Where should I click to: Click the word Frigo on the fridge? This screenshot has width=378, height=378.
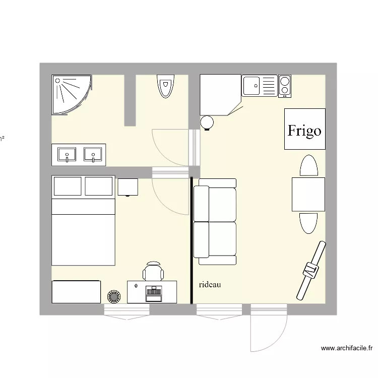304,131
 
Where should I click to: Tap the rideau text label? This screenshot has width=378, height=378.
210,285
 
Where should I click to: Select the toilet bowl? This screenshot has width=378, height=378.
165,87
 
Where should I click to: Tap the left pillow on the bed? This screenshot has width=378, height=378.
68,186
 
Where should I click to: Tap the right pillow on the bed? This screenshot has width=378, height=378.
99,186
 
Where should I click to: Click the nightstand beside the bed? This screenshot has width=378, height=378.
128,186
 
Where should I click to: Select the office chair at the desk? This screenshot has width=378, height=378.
153,271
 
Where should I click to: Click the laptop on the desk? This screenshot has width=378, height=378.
153,292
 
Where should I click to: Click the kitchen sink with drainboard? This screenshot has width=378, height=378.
260,85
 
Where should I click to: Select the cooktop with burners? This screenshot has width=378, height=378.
285,85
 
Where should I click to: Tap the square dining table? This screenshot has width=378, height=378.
308,194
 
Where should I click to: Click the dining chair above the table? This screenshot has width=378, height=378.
308,166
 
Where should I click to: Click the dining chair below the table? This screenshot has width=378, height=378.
308,223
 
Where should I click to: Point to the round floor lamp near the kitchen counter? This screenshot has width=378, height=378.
207,122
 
